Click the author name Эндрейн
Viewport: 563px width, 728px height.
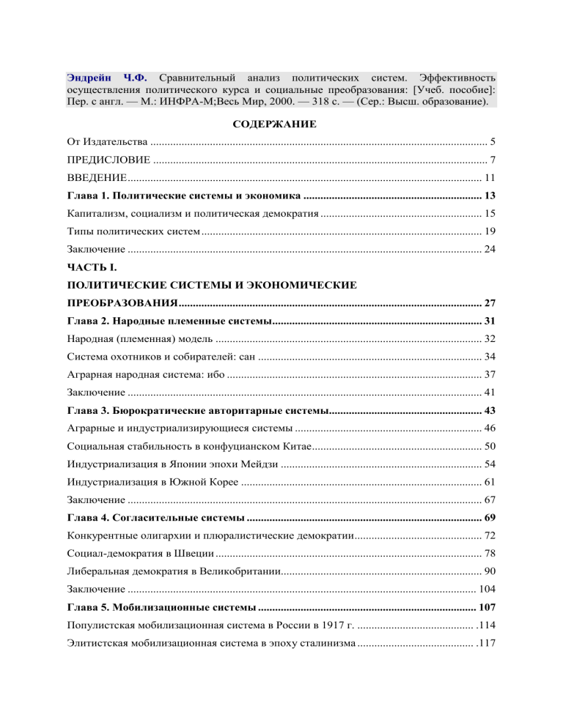pos(88,75)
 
